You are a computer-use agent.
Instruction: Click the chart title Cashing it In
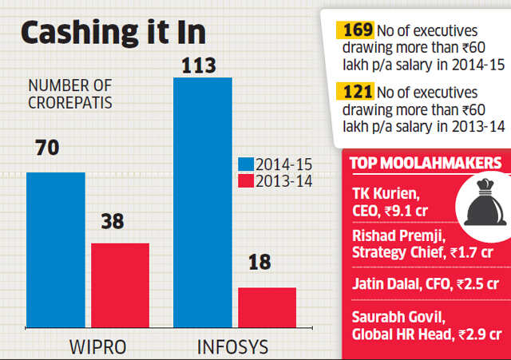(x=113, y=34)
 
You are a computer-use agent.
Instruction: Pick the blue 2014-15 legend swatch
(x=245, y=164)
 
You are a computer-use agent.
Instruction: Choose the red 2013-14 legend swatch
(x=245, y=180)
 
